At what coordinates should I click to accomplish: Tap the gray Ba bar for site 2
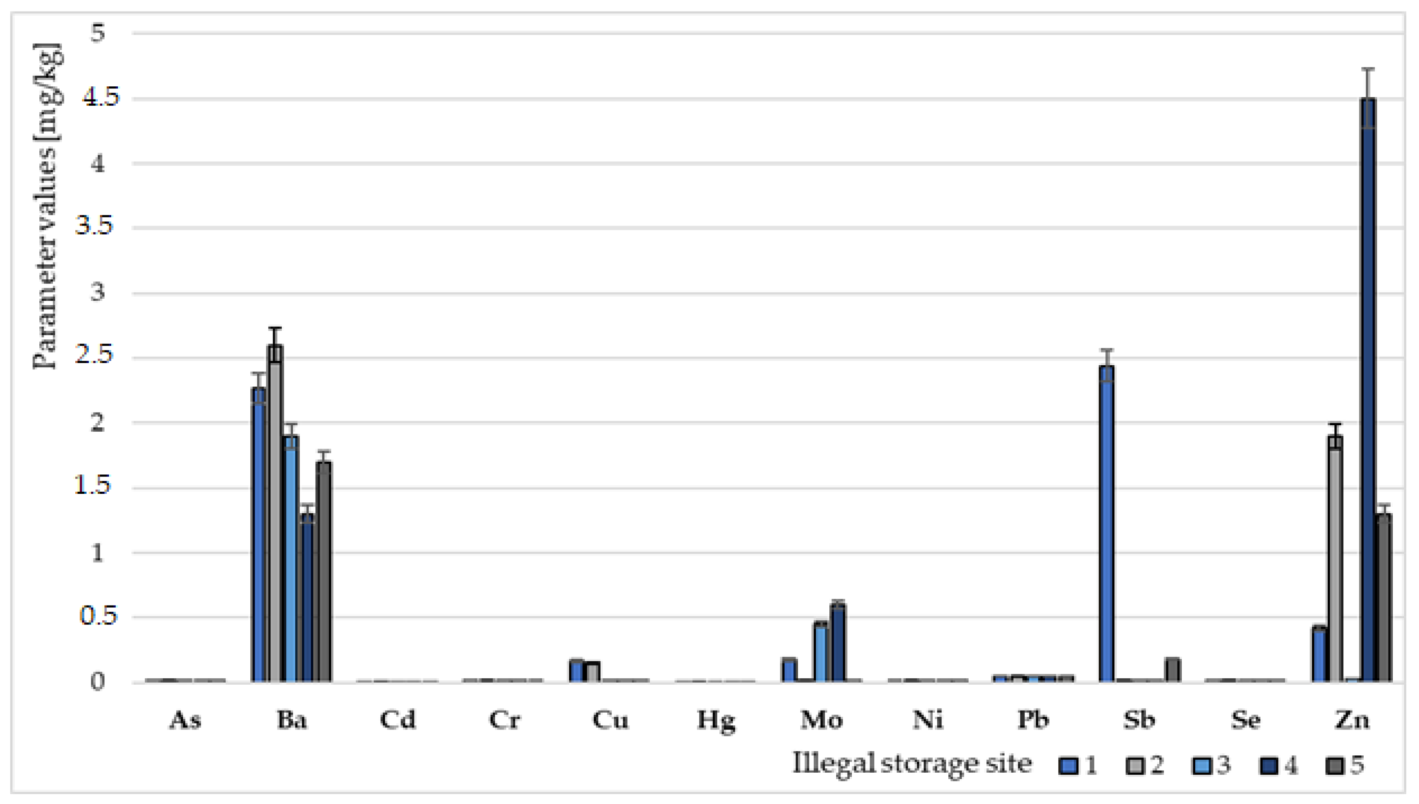point(275,514)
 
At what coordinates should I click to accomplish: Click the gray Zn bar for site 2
point(1335,558)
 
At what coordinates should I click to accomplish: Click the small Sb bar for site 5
point(1172,669)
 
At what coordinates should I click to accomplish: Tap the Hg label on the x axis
point(716,721)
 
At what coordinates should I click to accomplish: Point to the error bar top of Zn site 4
point(1368,69)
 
